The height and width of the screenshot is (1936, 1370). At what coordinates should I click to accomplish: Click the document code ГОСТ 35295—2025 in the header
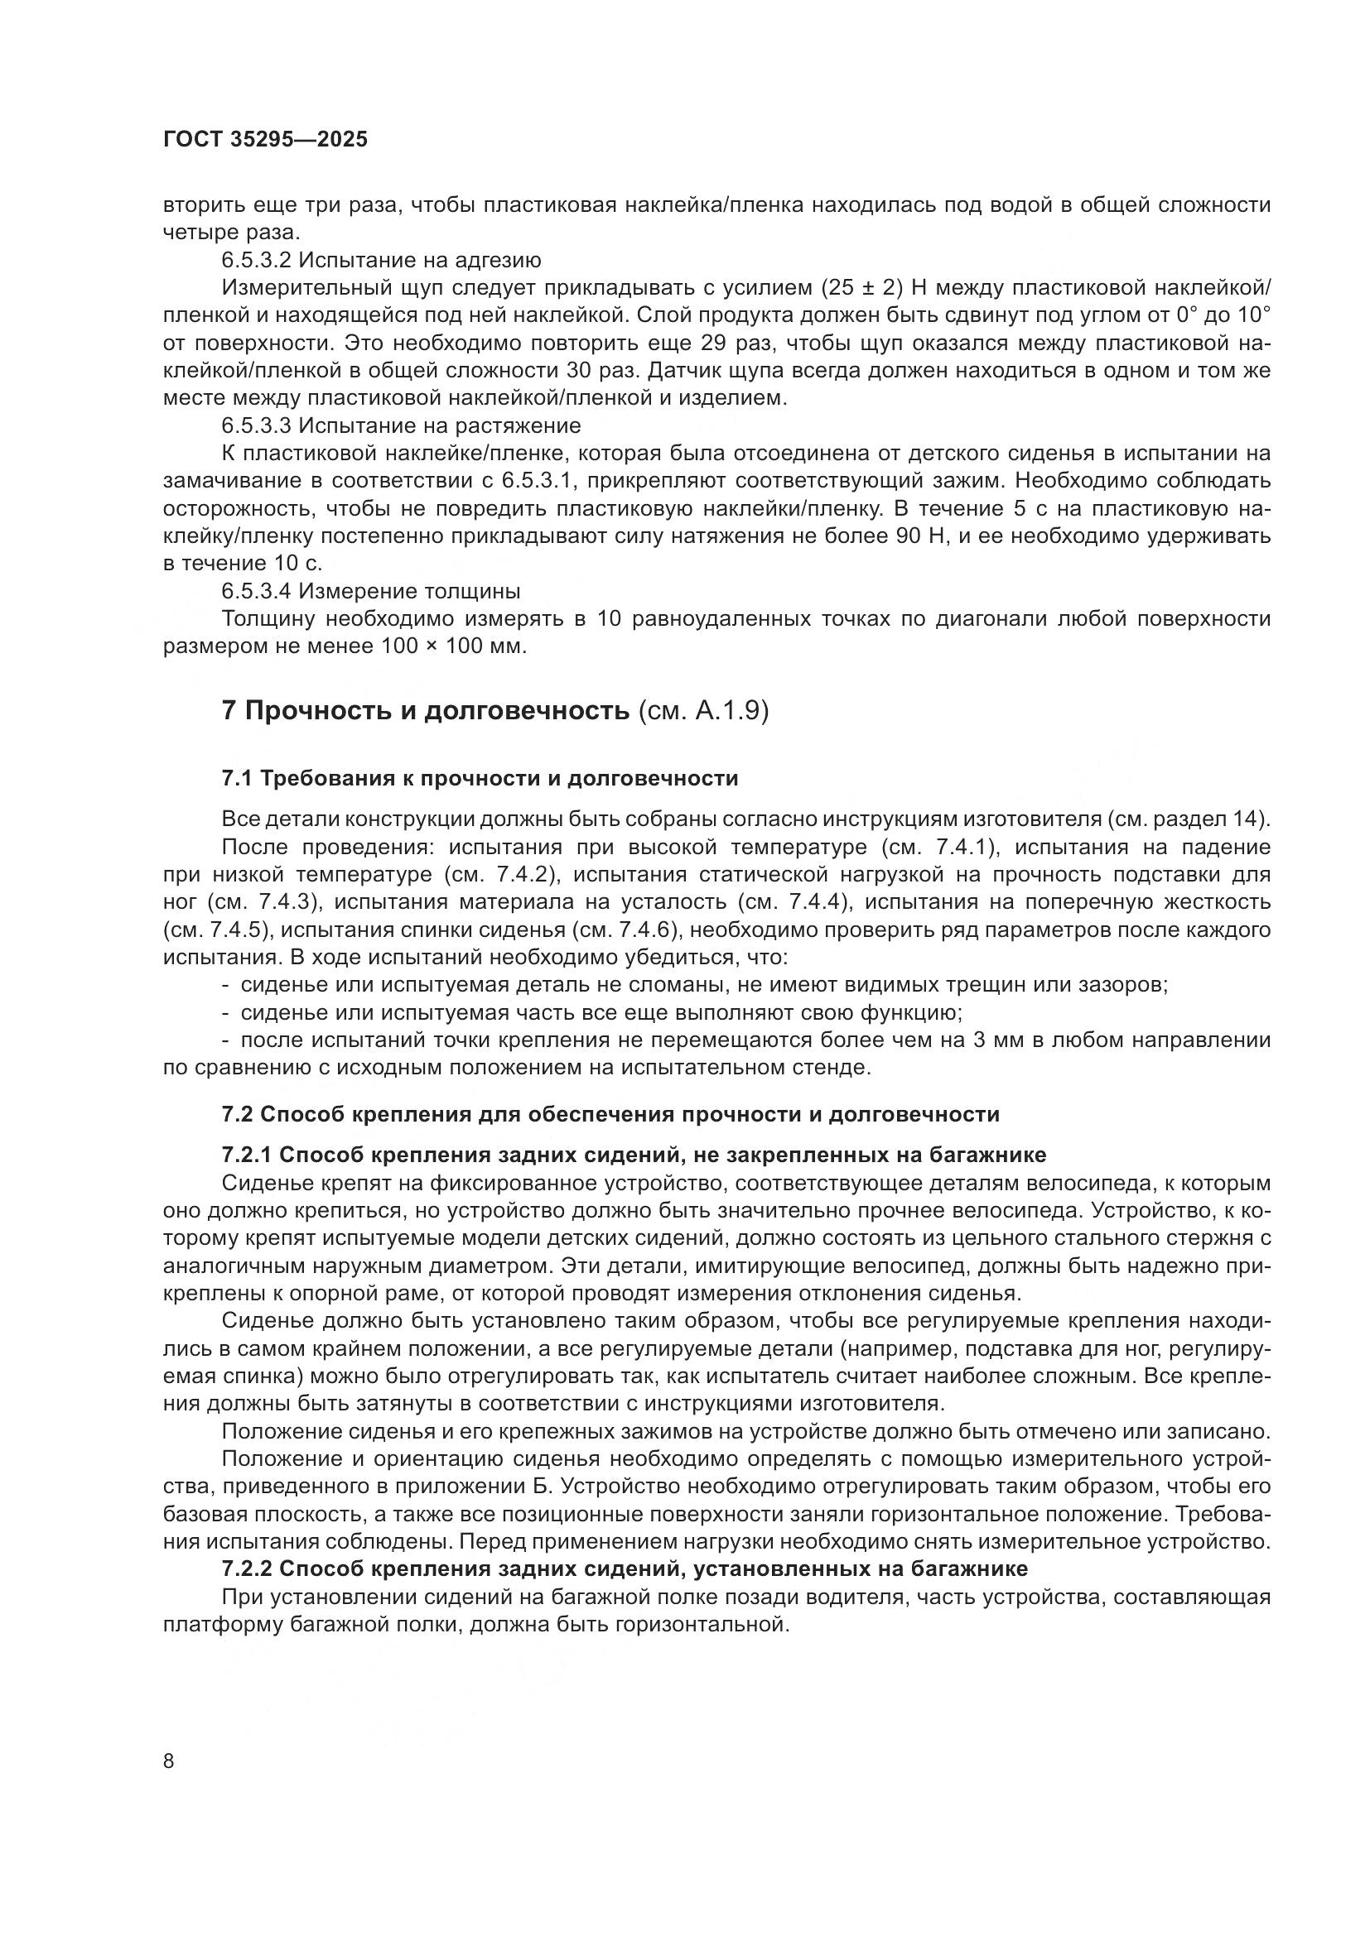[x=266, y=140]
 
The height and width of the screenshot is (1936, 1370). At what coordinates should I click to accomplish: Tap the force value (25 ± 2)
[x=861, y=287]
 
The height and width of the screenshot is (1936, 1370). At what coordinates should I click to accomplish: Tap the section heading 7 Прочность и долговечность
[x=426, y=710]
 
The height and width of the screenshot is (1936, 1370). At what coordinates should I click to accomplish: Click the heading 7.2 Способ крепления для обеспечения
[x=610, y=1114]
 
